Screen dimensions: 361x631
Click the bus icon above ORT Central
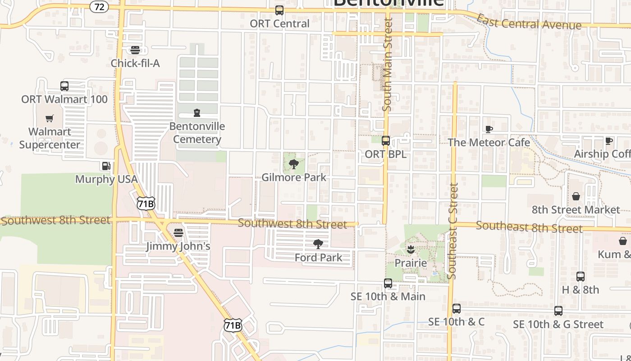279,10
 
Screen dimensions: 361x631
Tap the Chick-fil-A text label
135,63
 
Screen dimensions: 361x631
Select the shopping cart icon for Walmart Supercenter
50,118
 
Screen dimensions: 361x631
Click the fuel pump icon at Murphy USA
105,166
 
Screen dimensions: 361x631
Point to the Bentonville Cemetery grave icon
197,112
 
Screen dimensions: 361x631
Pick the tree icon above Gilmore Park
294,164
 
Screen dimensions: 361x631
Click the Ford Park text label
318,258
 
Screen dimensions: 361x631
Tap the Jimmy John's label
178,246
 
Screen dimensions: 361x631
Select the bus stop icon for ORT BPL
386,140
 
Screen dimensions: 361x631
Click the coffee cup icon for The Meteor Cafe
489,130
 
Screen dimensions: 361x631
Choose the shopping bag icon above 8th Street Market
576,196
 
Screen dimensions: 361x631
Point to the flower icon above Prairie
410,249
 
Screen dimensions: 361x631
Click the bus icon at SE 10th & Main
388,283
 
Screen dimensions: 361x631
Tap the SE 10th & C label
456,322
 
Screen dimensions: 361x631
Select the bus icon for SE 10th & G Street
558,310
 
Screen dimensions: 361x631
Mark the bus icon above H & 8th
581,276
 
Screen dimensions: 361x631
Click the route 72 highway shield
99,6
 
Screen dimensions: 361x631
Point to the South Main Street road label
388,64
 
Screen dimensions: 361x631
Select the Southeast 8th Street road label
529,227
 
